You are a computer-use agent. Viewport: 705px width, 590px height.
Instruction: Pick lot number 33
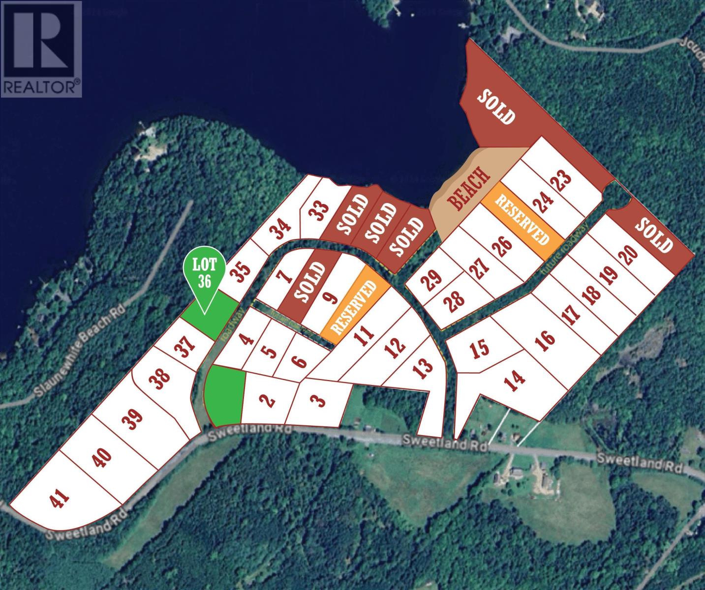[319, 212]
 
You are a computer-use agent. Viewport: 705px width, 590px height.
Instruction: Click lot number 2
[269, 401]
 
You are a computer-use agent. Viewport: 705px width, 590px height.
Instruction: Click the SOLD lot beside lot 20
[654, 235]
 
